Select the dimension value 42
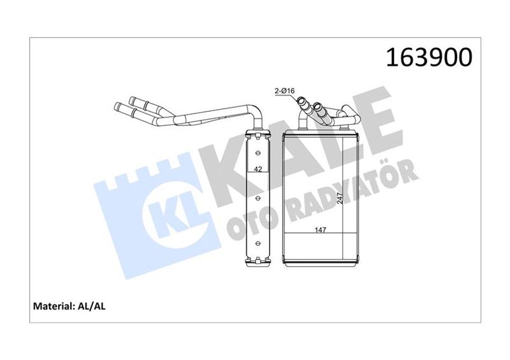(258, 169)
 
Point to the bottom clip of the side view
(258, 261)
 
